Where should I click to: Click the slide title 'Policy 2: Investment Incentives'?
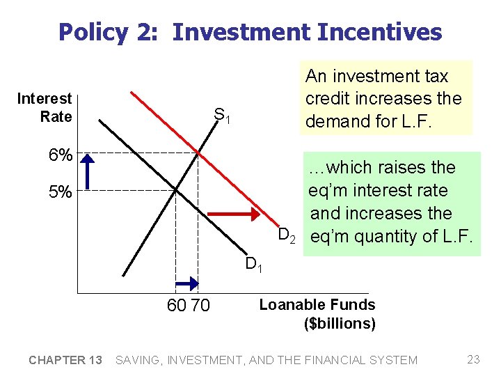click(x=250, y=32)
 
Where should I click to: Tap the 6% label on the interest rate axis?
click(x=61, y=155)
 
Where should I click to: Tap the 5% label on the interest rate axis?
click(x=61, y=192)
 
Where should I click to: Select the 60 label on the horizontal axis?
click(x=176, y=306)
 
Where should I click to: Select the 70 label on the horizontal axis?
click(x=200, y=306)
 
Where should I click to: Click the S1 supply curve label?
click(x=222, y=116)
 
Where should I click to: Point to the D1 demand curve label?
click(x=253, y=265)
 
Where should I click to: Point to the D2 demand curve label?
click(x=287, y=235)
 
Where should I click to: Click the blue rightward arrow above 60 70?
click(x=186, y=283)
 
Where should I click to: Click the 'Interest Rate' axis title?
click(x=45, y=108)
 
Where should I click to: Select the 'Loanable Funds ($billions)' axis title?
click(x=317, y=314)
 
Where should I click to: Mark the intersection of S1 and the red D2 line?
click(x=198, y=152)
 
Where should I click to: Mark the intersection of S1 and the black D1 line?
click(x=175, y=189)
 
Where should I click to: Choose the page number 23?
click(x=473, y=360)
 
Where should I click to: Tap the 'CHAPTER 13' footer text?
click(x=65, y=360)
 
